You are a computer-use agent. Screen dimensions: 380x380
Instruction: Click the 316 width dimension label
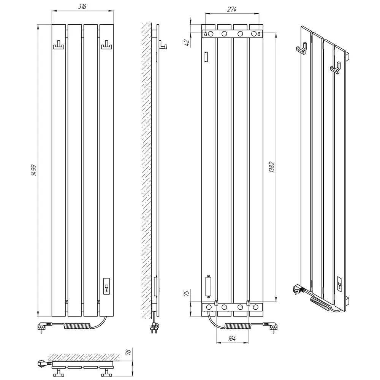82,6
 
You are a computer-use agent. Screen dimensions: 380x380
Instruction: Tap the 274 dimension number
232,9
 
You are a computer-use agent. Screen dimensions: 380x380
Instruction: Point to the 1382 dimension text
272,167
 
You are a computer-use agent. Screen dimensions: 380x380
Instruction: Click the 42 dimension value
187,43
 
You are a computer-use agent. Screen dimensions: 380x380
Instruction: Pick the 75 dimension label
186,293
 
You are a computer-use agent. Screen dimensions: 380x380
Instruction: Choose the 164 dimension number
232,339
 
